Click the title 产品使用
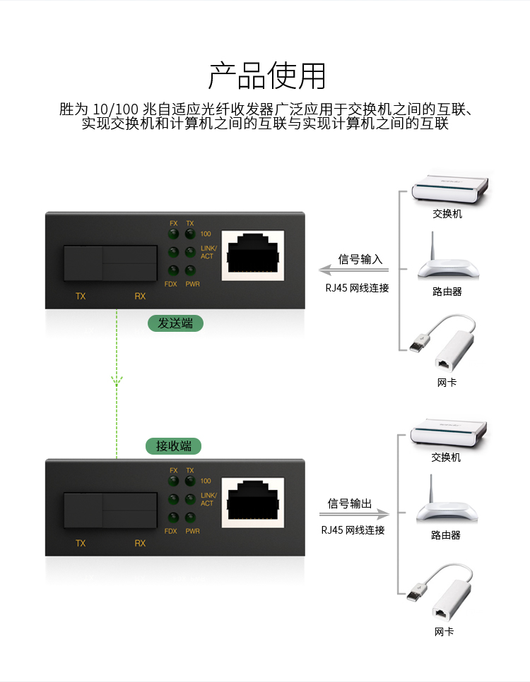point(267,76)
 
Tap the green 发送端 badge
point(175,323)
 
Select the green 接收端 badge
point(173,445)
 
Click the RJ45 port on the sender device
point(253,256)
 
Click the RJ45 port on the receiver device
point(253,503)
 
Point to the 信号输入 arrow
point(353,270)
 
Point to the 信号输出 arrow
point(355,514)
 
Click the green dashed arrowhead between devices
point(117,381)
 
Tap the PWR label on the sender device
point(192,284)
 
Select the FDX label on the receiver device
point(171,531)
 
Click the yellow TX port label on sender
point(81,297)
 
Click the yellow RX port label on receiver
point(140,543)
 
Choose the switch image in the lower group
point(449,433)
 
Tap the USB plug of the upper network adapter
point(418,342)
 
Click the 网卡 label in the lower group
point(444,632)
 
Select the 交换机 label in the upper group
point(447,213)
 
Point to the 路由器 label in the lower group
point(446,535)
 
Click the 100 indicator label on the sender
point(206,234)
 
